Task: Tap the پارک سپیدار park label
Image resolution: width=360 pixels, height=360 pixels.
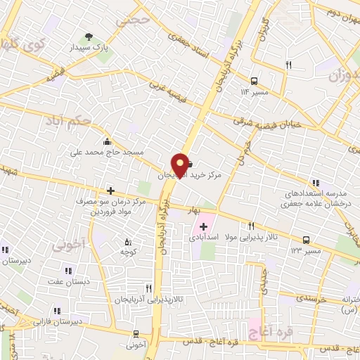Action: pyautogui.click(x=89, y=49)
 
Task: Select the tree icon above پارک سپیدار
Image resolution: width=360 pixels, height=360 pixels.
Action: pyautogui.click(x=89, y=36)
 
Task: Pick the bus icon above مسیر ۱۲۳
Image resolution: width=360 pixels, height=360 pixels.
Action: pyautogui.click(x=307, y=240)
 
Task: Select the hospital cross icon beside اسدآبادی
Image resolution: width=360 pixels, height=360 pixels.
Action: pyautogui.click(x=204, y=226)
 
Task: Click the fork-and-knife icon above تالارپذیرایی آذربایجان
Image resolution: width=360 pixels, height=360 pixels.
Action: pyautogui.click(x=148, y=288)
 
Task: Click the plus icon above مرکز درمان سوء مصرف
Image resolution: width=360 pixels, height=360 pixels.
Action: pyautogui.click(x=110, y=190)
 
